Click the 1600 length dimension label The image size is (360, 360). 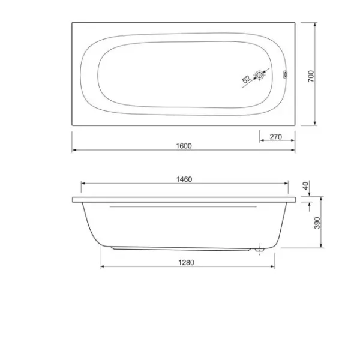point(184,146)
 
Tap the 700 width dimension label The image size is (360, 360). point(311,76)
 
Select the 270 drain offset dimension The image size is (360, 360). point(275,137)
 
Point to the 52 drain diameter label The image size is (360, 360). point(246,79)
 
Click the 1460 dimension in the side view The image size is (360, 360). point(184,179)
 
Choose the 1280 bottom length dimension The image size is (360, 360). point(186,262)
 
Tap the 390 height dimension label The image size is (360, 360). point(317,223)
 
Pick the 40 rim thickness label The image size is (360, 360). point(305,185)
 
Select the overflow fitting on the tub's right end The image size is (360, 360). point(285,74)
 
